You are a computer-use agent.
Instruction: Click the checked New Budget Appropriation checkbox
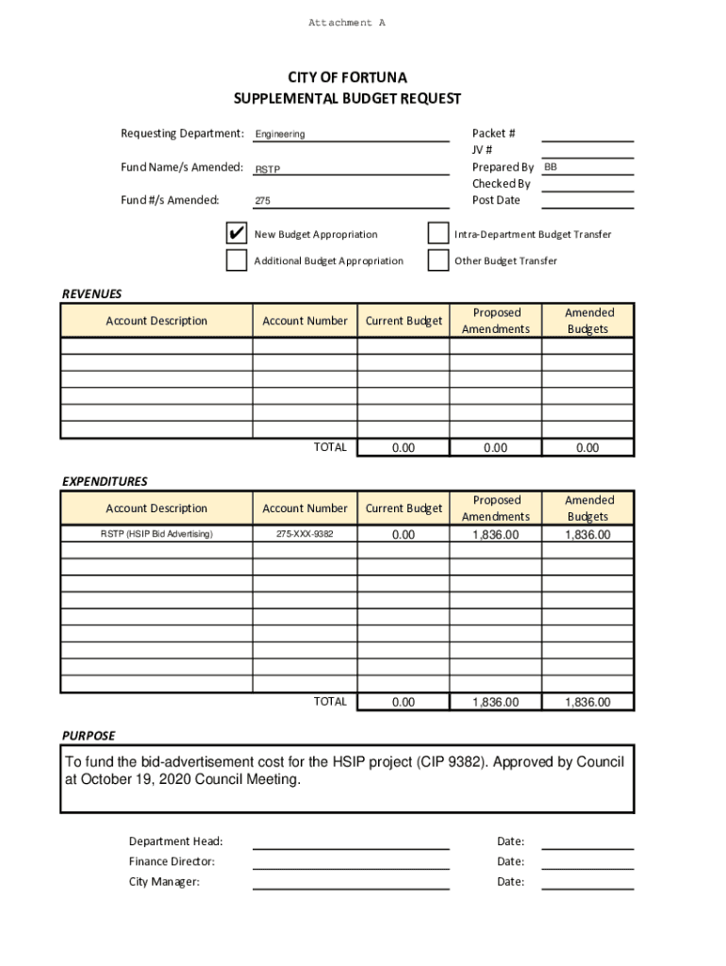tap(237, 234)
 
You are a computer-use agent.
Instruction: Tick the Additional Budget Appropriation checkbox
tap(237, 260)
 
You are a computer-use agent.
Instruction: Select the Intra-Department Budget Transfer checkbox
tap(437, 234)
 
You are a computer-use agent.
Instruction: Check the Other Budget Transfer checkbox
tap(437, 260)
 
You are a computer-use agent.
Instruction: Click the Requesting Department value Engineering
tap(280, 135)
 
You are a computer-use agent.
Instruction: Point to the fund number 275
tap(263, 201)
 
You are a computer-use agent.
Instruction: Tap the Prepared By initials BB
tap(551, 167)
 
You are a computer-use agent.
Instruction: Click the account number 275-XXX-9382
tap(305, 535)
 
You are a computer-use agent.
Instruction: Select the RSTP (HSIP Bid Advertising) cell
tap(157, 535)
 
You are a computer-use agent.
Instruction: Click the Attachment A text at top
tap(347, 23)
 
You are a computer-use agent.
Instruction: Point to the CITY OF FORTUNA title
tap(347, 77)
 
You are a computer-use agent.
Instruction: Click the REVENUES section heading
tap(91, 294)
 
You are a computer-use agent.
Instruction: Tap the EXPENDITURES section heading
tap(105, 481)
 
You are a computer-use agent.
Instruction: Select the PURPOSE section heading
tap(89, 736)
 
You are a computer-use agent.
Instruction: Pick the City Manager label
tap(164, 882)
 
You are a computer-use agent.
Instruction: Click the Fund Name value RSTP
tap(268, 170)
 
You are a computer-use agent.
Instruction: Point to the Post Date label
tap(496, 200)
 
